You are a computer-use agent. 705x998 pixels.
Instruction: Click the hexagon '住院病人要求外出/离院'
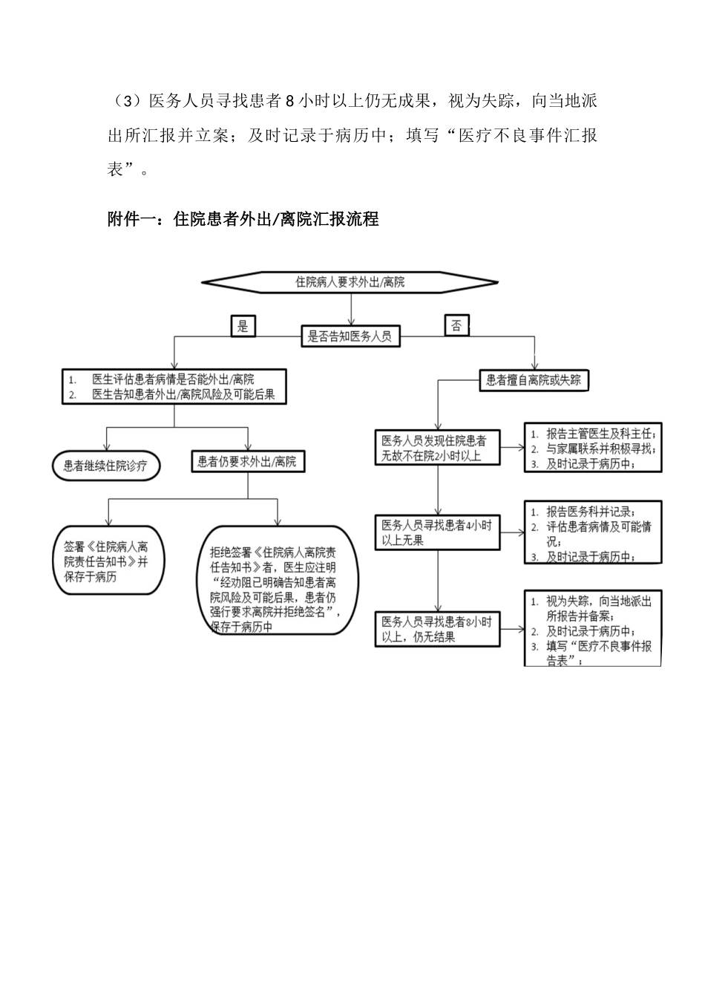350,282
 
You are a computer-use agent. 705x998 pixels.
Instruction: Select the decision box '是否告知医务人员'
350,336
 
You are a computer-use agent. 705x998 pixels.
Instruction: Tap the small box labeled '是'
243,325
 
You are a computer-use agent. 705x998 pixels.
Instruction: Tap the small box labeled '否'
456,325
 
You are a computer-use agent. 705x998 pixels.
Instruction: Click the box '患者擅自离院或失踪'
534,381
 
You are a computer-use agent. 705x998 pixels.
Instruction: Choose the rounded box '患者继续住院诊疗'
106,466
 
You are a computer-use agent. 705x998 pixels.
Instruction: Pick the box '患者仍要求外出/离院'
247,462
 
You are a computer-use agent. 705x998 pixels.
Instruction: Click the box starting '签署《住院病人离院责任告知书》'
109,561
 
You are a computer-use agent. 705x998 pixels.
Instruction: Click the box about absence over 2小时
436,448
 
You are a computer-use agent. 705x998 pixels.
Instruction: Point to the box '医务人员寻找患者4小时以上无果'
436,532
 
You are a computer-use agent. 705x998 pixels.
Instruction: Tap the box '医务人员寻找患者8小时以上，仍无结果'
436,629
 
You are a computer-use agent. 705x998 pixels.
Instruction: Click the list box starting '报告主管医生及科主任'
592,448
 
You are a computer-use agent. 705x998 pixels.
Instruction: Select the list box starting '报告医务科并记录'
592,532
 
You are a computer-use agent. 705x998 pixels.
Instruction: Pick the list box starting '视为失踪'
592,628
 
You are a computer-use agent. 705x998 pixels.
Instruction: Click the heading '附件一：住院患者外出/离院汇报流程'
243,219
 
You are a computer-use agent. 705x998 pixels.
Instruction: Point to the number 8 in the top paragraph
291,102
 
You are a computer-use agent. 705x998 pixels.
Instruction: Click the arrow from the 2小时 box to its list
511,448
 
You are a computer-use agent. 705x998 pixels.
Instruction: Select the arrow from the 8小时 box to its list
511,629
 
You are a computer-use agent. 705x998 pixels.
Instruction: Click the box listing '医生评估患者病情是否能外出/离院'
174,387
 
